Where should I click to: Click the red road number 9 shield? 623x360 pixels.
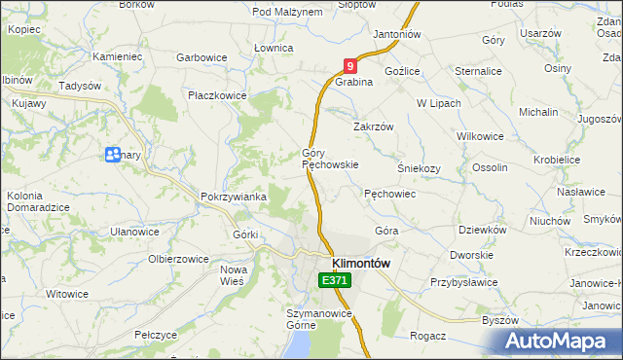click(x=350, y=66)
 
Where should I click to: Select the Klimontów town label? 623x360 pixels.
click(x=361, y=263)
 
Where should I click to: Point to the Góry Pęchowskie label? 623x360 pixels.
click(x=330, y=159)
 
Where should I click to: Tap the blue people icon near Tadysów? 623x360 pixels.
click(x=113, y=154)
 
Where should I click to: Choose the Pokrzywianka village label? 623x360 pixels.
click(x=234, y=197)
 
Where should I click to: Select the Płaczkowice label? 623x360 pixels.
click(x=218, y=95)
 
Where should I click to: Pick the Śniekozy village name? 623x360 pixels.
click(x=420, y=167)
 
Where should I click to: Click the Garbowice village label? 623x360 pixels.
click(x=202, y=57)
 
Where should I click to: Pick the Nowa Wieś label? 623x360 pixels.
click(x=234, y=274)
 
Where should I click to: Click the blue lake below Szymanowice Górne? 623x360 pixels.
click(x=303, y=345)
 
